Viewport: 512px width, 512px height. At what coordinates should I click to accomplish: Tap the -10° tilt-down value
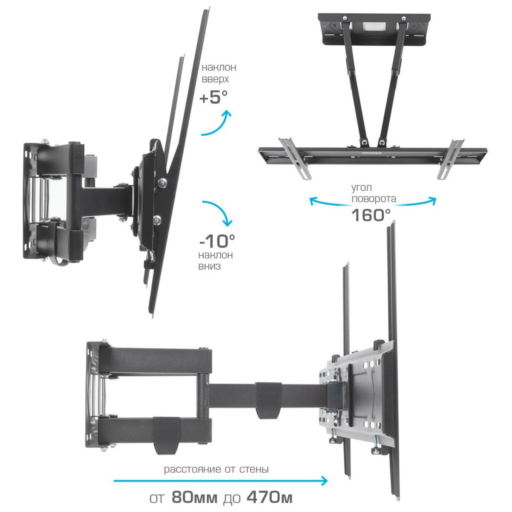217,241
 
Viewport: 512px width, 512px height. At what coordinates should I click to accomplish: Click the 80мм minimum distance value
195,498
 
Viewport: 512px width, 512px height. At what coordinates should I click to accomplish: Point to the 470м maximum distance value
270,498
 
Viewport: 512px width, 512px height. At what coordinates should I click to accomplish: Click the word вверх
215,80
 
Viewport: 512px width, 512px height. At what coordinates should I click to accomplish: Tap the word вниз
209,266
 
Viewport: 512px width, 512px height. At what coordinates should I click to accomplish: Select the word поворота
374,199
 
